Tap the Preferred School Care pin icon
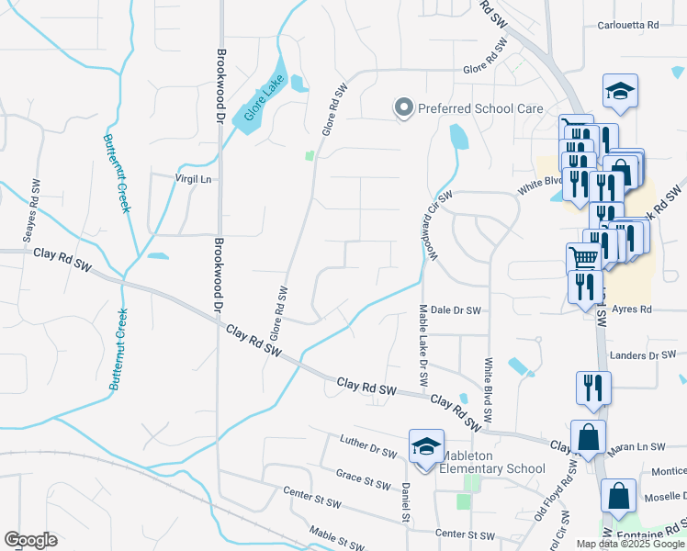tap(403, 108)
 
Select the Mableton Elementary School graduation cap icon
tap(426, 447)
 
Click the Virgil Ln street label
tap(194, 178)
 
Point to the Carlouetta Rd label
tap(628, 26)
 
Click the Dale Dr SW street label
tap(456, 310)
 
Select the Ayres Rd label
tap(633, 310)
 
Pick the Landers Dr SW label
tap(643, 354)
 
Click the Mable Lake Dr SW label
tap(423, 345)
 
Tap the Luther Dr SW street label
tap(367, 447)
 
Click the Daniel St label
tap(405, 502)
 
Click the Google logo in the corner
tap(30, 540)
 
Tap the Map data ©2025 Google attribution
tap(629, 544)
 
